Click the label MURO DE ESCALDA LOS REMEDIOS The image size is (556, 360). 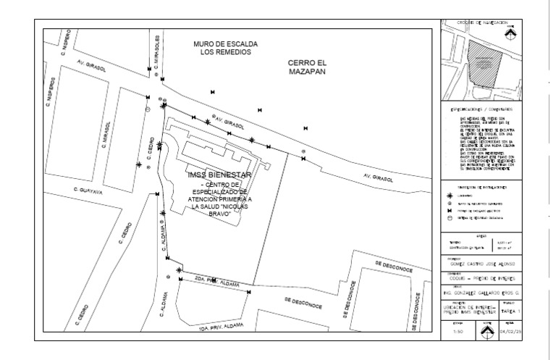[224, 48]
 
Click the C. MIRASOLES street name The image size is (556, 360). [156, 51]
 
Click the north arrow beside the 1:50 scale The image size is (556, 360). [486, 331]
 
